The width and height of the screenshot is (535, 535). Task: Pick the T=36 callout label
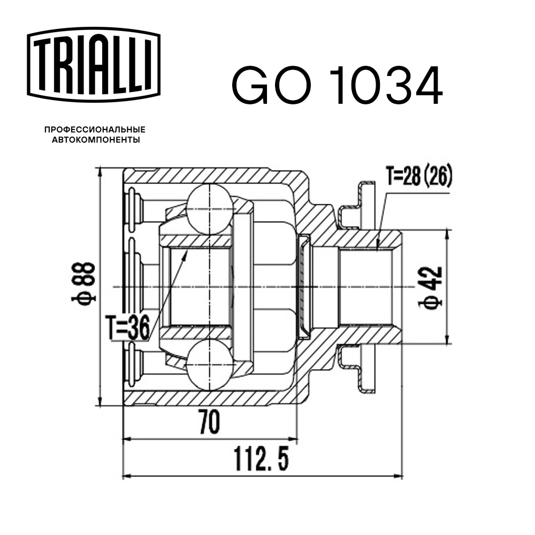pos(127,327)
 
